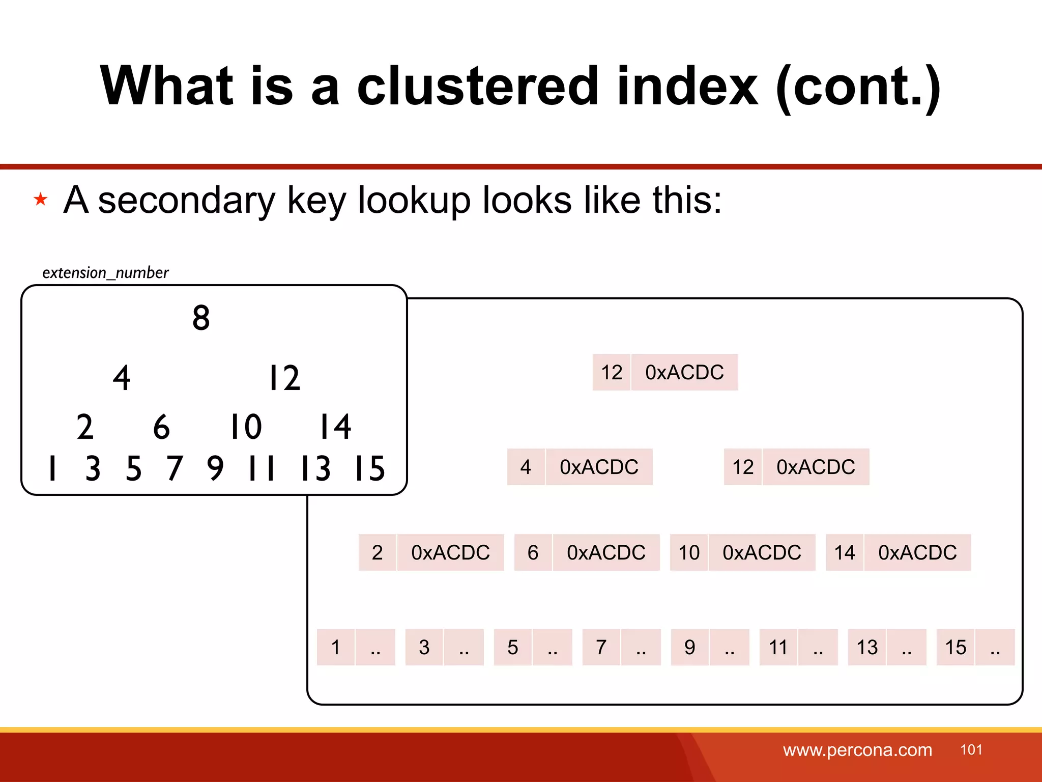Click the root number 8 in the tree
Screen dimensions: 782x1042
201,318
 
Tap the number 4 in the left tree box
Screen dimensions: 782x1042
122,378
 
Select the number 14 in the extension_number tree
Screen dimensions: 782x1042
335,427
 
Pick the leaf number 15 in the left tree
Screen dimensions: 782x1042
370,468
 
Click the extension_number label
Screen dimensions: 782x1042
105,273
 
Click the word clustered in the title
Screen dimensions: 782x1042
478,86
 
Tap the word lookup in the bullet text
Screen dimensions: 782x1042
414,200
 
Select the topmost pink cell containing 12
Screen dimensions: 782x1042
612,372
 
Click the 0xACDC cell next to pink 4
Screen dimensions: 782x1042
599,467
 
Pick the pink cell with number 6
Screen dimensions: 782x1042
533,552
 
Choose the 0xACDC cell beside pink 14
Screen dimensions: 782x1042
917,552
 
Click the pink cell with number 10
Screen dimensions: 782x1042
689,552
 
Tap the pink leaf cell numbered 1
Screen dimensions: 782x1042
335,647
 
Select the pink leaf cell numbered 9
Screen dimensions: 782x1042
689,647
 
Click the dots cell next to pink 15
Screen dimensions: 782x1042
995,647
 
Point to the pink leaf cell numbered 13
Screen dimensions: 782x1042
866,647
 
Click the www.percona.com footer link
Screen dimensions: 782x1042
857,750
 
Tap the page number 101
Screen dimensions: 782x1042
971,749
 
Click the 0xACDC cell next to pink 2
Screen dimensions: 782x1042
450,552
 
